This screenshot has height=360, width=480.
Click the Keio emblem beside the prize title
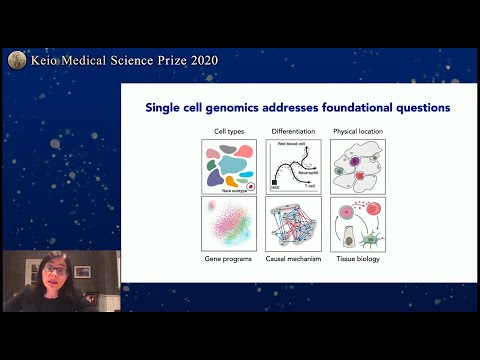[x=15, y=60]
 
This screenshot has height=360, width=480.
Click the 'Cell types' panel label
[x=227, y=131]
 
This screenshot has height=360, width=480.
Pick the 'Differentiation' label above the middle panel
[x=293, y=131]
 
